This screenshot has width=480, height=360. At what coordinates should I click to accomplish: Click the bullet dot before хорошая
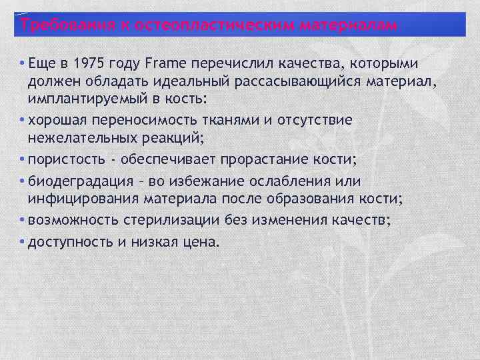(x=23, y=121)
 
